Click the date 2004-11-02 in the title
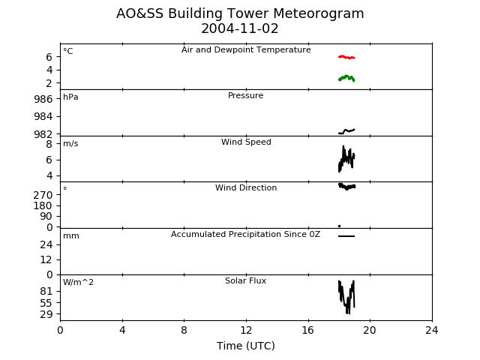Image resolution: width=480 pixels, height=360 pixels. [240, 28]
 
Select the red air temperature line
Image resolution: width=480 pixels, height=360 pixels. [346, 57]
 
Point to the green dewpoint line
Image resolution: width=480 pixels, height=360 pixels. [346, 78]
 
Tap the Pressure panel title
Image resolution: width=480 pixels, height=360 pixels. [245, 95]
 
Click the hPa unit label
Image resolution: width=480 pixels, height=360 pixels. [70, 97]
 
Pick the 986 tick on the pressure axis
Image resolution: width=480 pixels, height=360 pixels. [43, 99]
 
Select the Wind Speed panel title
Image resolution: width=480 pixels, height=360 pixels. [246, 142]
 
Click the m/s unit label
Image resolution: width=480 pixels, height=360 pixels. [70, 143]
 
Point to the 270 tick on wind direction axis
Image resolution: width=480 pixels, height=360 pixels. [43, 195]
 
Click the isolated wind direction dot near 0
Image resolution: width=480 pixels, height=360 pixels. [339, 226]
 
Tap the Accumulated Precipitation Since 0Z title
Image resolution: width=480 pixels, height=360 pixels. [245, 234]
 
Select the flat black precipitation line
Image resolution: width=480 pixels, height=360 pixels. [346, 236]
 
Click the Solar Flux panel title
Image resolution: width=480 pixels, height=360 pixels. [245, 280]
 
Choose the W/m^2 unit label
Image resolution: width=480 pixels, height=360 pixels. [78, 282]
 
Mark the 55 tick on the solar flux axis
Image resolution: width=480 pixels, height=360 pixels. [46, 303]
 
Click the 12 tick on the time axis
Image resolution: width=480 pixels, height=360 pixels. [246, 330]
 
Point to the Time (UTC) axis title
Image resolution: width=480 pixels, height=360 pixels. [246, 346]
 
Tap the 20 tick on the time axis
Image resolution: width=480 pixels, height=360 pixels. [370, 330]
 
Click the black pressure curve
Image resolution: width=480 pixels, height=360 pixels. [346, 131]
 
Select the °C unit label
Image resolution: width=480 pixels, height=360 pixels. [68, 51]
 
